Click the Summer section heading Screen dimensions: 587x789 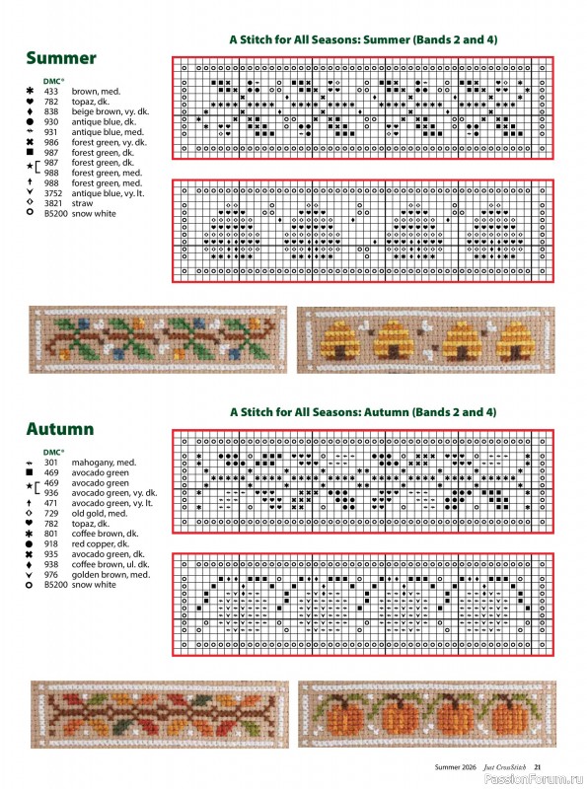[x=60, y=58]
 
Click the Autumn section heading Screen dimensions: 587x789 [x=60, y=429]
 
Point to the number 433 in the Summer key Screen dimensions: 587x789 [x=51, y=91]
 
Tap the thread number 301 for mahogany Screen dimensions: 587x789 [x=51, y=462]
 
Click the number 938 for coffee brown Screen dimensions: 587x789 [x=51, y=564]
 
